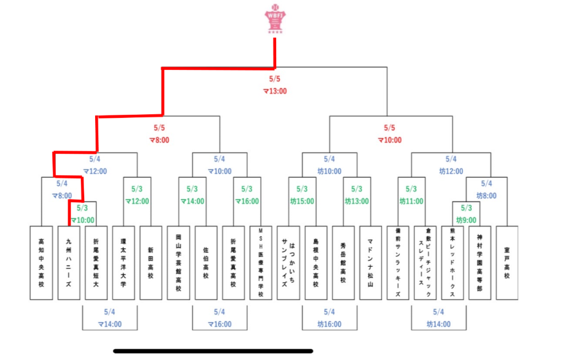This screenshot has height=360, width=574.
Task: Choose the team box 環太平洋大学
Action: (x=124, y=263)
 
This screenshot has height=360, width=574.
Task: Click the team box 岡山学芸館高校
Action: (x=178, y=263)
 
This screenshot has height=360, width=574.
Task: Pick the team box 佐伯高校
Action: (x=206, y=263)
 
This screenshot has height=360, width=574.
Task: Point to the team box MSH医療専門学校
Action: (x=261, y=263)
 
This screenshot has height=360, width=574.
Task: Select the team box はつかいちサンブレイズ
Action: (x=288, y=263)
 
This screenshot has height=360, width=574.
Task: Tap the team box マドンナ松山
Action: (x=370, y=263)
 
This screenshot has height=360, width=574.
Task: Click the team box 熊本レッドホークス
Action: (x=453, y=263)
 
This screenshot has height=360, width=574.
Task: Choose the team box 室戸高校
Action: (x=507, y=263)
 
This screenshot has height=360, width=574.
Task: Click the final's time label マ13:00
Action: (x=275, y=91)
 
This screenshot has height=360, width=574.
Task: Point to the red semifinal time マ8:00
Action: (x=159, y=140)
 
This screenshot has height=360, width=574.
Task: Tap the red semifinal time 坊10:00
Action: (x=389, y=140)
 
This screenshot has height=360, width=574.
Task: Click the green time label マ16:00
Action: (x=247, y=202)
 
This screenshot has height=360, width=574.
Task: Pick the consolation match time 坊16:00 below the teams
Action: (x=329, y=324)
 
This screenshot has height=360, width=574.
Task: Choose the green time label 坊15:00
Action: (x=302, y=202)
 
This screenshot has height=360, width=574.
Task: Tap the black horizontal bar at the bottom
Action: (x=213, y=351)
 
